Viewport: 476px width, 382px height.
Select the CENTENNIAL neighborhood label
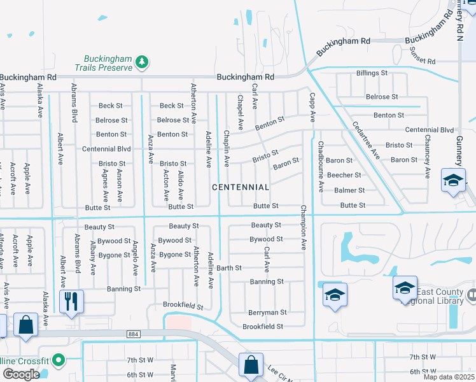241,187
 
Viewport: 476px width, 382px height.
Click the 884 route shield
133,334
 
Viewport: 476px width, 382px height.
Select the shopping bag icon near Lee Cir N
251,365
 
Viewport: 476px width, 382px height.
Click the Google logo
21,374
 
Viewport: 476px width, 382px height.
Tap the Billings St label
372,73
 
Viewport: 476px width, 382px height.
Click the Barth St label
228,268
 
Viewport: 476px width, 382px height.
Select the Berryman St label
267,313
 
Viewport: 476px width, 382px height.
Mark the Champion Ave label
304,227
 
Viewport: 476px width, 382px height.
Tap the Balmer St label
349,190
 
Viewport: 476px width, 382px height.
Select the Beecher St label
344,175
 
